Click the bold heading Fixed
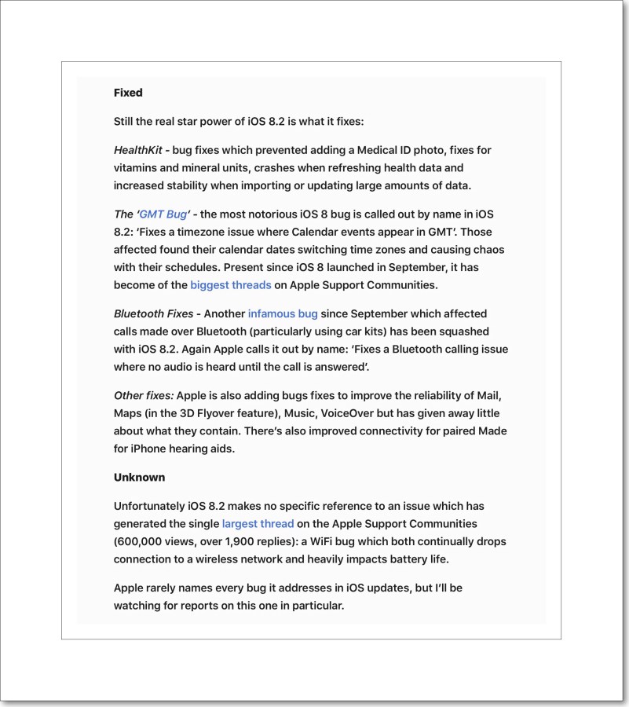pyautogui.click(x=128, y=93)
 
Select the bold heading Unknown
pyautogui.click(x=139, y=477)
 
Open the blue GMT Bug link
pyautogui.click(x=163, y=214)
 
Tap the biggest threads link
pyautogui.click(x=231, y=285)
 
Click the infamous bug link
pyautogui.click(x=283, y=313)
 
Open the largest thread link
pyautogui.click(x=258, y=523)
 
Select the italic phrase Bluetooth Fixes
pyautogui.click(x=153, y=313)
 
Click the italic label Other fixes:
pyautogui.click(x=143, y=395)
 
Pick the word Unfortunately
pyautogui.click(x=149, y=506)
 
